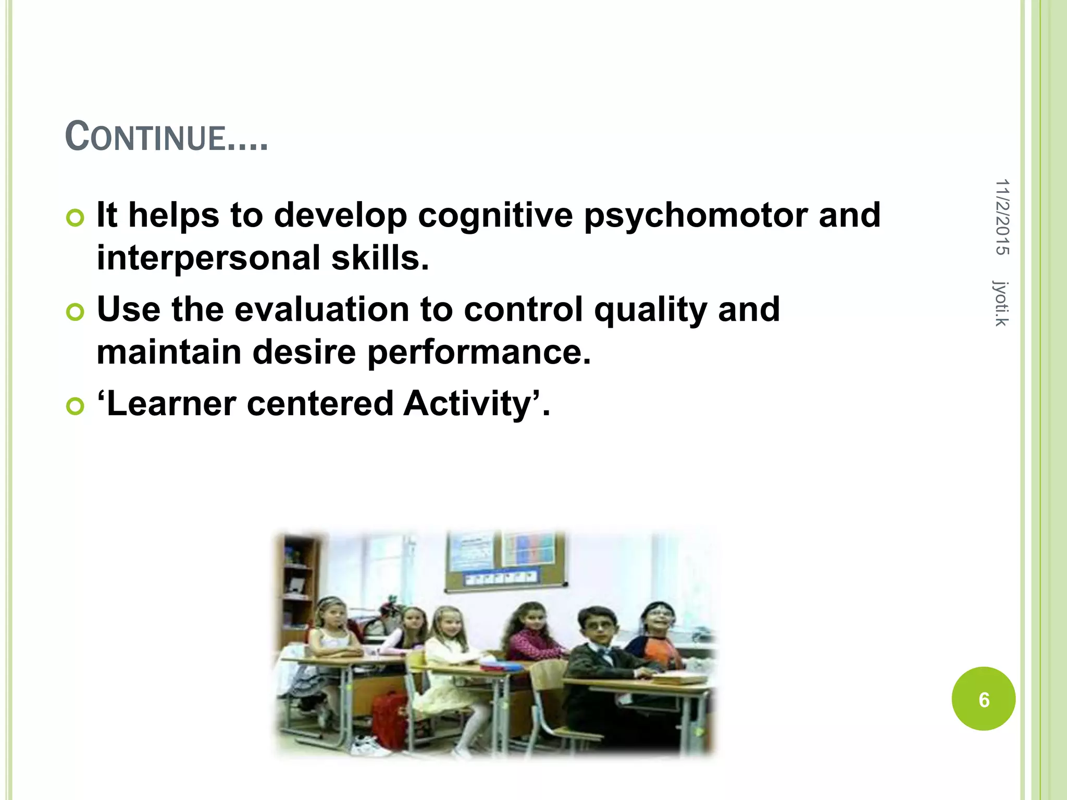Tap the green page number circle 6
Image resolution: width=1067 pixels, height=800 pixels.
pos(983,699)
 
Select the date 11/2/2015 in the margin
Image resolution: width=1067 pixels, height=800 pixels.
pos(1002,217)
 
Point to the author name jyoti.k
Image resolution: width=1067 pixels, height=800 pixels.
pos(1001,303)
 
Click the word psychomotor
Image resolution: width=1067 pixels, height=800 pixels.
pos(696,216)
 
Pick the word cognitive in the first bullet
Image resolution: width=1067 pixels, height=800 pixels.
pos(495,216)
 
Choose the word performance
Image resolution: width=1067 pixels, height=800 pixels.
pos(479,353)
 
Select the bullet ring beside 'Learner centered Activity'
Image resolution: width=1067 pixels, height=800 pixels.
pos(75,406)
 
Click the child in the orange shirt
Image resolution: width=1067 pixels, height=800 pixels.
pos(657,641)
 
